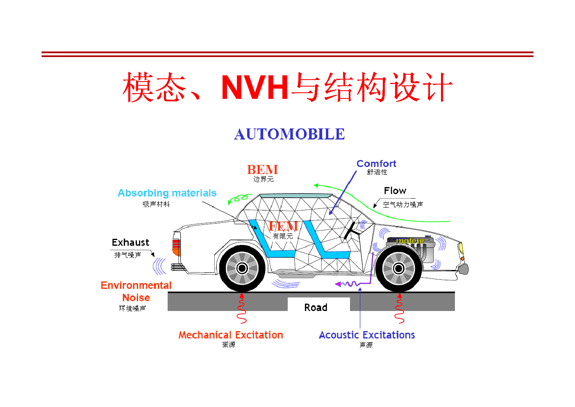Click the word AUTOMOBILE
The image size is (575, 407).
(289, 134)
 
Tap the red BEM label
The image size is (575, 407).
(262, 169)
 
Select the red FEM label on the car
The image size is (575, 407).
(283, 226)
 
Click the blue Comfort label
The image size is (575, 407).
(376, 164)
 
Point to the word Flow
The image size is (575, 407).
(395, 191)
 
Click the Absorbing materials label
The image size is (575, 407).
(167, 193)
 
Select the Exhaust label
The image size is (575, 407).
(130, 242)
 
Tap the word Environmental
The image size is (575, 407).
(136, 285)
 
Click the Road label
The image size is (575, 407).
(316, 307)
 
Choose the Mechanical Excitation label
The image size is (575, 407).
(231, 335)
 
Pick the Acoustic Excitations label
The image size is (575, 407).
(367, 335)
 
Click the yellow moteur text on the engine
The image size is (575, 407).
(411, 241)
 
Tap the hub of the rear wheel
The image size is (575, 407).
(242, 268)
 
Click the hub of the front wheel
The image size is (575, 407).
(399, 269)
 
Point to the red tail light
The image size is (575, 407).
(176, 247)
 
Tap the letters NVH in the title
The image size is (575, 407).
(255, 87)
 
